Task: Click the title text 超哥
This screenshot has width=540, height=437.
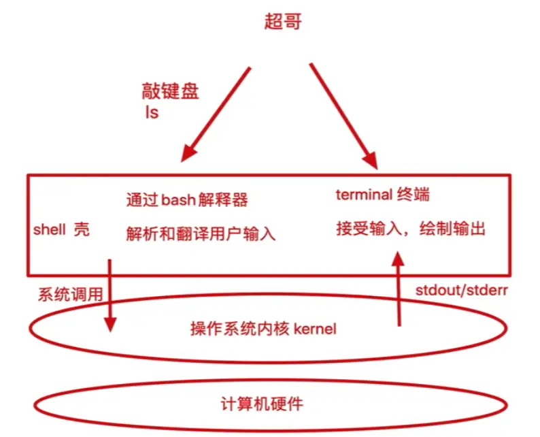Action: coord(282,21)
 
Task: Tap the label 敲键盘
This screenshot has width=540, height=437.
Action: coord(170,91)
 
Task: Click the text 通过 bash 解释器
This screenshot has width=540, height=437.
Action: coord(187,200)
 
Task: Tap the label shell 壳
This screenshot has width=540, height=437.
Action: coord(61,229)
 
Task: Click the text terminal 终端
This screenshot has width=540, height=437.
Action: coord(383,195)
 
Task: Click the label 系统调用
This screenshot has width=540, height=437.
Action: coord(70,294)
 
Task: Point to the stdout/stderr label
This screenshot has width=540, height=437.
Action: coord(462,291)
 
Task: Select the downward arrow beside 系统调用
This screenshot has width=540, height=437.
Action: coord(109,294)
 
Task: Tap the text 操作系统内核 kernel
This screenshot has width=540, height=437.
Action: coord(263,329)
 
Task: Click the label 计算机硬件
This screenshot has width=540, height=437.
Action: coord(271,403)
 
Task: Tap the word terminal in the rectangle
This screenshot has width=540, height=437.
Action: coord(362,195)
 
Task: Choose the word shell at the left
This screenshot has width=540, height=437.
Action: coord(49,229)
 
